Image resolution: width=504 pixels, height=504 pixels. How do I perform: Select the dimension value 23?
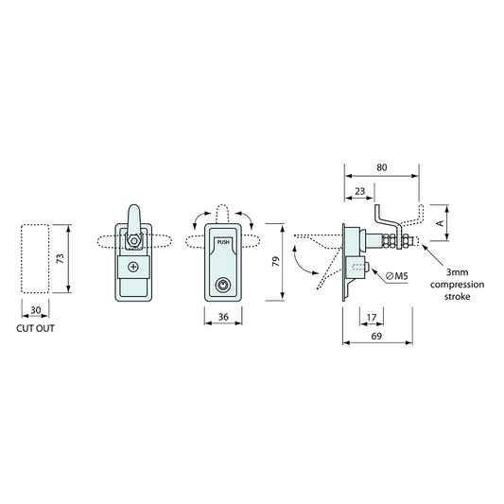pyautogui.click(x=360, y=191)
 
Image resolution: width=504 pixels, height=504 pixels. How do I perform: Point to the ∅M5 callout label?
pyautogui.click(x=395, y=275)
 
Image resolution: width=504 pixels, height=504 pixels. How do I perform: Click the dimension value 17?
pyautogui.click(x=371, y=317)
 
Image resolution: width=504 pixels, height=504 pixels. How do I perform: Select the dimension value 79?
pyautogui.click(x=275, y=262)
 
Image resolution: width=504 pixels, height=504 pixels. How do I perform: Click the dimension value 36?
pyautogui.click(x=223, y=317)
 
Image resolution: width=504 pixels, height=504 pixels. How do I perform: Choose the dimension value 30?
pyautogui.click(x=35, y=310)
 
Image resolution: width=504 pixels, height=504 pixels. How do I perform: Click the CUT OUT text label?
pyautogui.click(x=35, y=330)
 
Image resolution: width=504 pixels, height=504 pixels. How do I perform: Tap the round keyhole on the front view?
pyautogui.click(x=223, y=284)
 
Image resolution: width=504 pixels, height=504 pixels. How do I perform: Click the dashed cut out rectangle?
pyautogui.click(x=35, y=259)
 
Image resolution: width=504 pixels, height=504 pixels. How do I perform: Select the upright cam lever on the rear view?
pyautogui.click(x=134, y=216)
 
